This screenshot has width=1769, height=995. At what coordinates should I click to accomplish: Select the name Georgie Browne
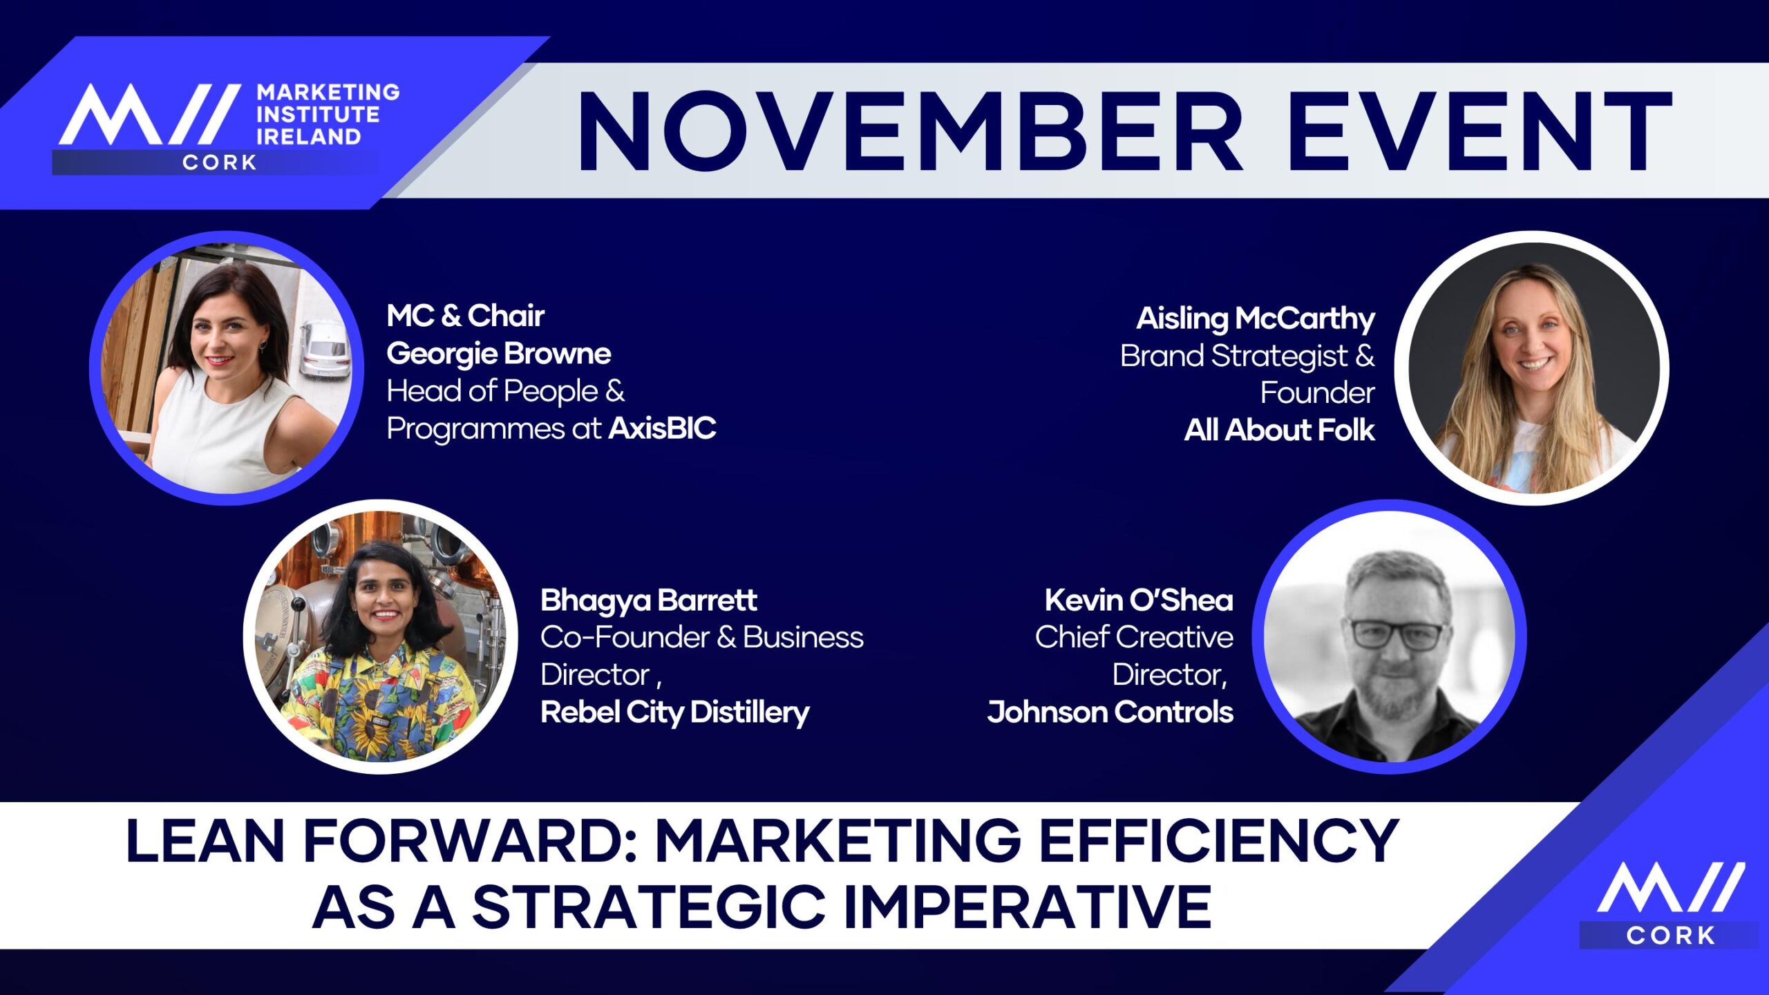499,354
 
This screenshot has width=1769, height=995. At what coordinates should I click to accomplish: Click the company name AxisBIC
662,428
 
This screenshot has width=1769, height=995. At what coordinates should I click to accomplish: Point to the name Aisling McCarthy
1256,319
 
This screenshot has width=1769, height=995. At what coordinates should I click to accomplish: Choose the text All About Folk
1279,430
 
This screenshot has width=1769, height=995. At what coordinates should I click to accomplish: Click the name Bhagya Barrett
649,600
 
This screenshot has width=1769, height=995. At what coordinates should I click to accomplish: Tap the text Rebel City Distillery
675,712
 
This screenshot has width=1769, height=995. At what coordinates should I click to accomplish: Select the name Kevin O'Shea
1139,600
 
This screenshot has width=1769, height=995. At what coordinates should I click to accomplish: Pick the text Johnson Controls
1110,712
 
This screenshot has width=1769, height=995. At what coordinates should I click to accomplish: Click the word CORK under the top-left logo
220,162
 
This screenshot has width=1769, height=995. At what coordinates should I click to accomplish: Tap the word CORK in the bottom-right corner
1671,936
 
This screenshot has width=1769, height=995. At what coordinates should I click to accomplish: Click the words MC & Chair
466,316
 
